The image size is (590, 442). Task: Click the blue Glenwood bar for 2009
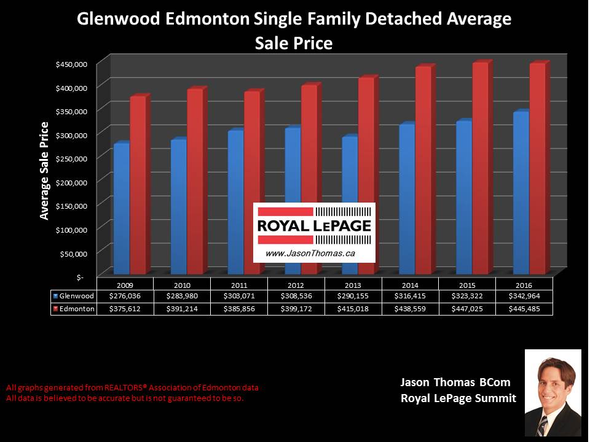coord(122,209)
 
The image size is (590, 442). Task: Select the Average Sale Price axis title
coord(44,171)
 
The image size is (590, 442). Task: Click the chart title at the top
coord(294,31)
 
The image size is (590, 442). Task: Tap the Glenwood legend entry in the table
coord(74,297)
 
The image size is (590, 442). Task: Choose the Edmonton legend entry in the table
coord(74,309)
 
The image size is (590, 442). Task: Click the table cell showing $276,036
coord(125,297)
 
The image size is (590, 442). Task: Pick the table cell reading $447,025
coord(468,309)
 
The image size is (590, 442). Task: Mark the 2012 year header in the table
coord(296,285)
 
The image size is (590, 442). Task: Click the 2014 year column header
coord(411,285)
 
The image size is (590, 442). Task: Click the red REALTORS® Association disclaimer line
coord(132,388)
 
